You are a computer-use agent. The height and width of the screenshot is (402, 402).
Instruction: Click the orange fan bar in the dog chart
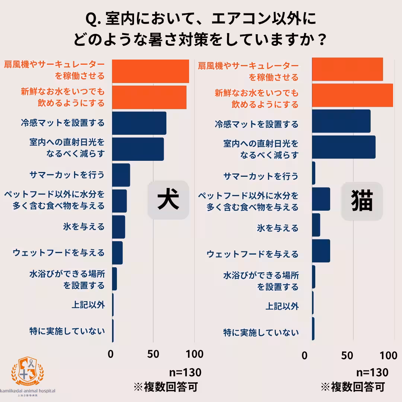(150, 71)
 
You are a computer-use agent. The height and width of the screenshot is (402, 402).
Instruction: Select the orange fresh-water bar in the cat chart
(352, 95)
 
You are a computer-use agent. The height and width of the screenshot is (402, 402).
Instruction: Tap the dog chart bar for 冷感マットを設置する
(139, 123)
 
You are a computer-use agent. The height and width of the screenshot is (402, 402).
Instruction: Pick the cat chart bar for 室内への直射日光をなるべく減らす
(344, 147)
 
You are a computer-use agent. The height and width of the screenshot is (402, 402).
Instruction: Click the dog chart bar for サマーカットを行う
(121, 175)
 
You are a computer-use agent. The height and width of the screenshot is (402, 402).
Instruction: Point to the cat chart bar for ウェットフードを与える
(321, 251)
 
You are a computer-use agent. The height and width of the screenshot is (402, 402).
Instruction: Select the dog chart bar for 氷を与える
(118, 227)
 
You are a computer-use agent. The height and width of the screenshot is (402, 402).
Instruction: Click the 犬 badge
(168, 200)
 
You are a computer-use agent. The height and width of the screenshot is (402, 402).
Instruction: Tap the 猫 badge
(362, 201)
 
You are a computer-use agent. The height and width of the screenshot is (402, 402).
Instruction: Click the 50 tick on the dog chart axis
(153, 354)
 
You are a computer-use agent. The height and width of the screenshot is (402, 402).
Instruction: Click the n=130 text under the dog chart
(185, 373)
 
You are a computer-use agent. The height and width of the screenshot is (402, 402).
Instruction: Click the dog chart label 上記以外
(88, 305)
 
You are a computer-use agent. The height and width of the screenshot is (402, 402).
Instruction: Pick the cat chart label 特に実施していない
(261, 332)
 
